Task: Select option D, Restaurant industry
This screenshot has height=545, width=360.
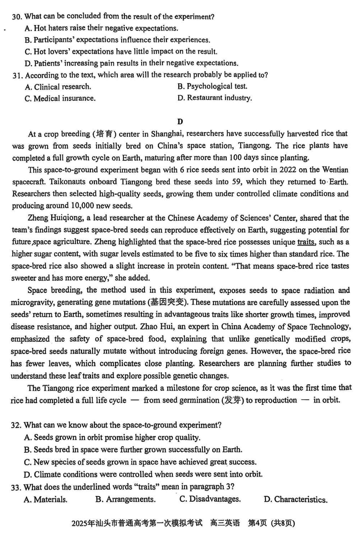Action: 215,98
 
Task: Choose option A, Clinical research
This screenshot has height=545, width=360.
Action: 58,86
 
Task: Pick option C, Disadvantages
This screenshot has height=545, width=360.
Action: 210,499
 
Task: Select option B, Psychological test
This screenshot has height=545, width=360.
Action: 212,86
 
